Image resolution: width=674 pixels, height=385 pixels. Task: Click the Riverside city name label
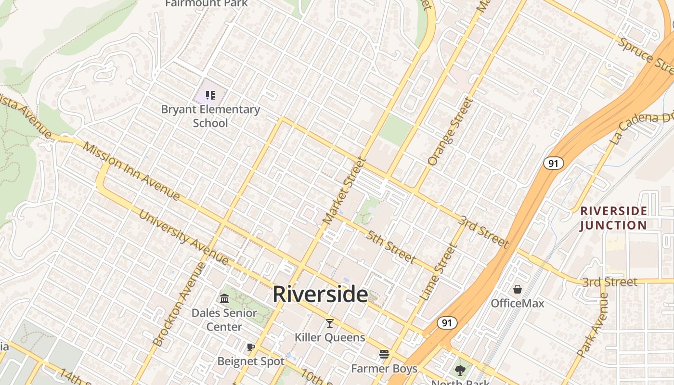[x=320, y=294]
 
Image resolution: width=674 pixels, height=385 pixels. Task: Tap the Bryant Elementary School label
[x=210, y=116]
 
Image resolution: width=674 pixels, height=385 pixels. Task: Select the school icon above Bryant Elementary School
[x=210, y=95]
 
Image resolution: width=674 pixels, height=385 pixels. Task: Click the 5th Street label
[x=390, y=247]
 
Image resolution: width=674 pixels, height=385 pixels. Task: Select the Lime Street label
[x=438, y=272]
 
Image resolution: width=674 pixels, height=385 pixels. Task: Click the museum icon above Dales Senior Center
[x=224, y=299]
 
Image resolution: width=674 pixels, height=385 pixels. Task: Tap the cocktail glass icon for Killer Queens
[x=330, y=323]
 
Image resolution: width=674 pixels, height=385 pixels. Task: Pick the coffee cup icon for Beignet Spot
[x=250, y=347]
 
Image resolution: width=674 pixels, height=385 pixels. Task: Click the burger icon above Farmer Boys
[x=384, y=354]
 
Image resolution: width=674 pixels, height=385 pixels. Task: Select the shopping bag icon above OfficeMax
[x=518, y=289]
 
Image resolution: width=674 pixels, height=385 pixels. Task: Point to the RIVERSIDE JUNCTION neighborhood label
[x=613, y=218]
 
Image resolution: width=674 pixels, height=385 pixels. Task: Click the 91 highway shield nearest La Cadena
[x=554, y=163]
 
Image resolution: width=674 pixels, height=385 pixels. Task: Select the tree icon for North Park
[x=460, y=370]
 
